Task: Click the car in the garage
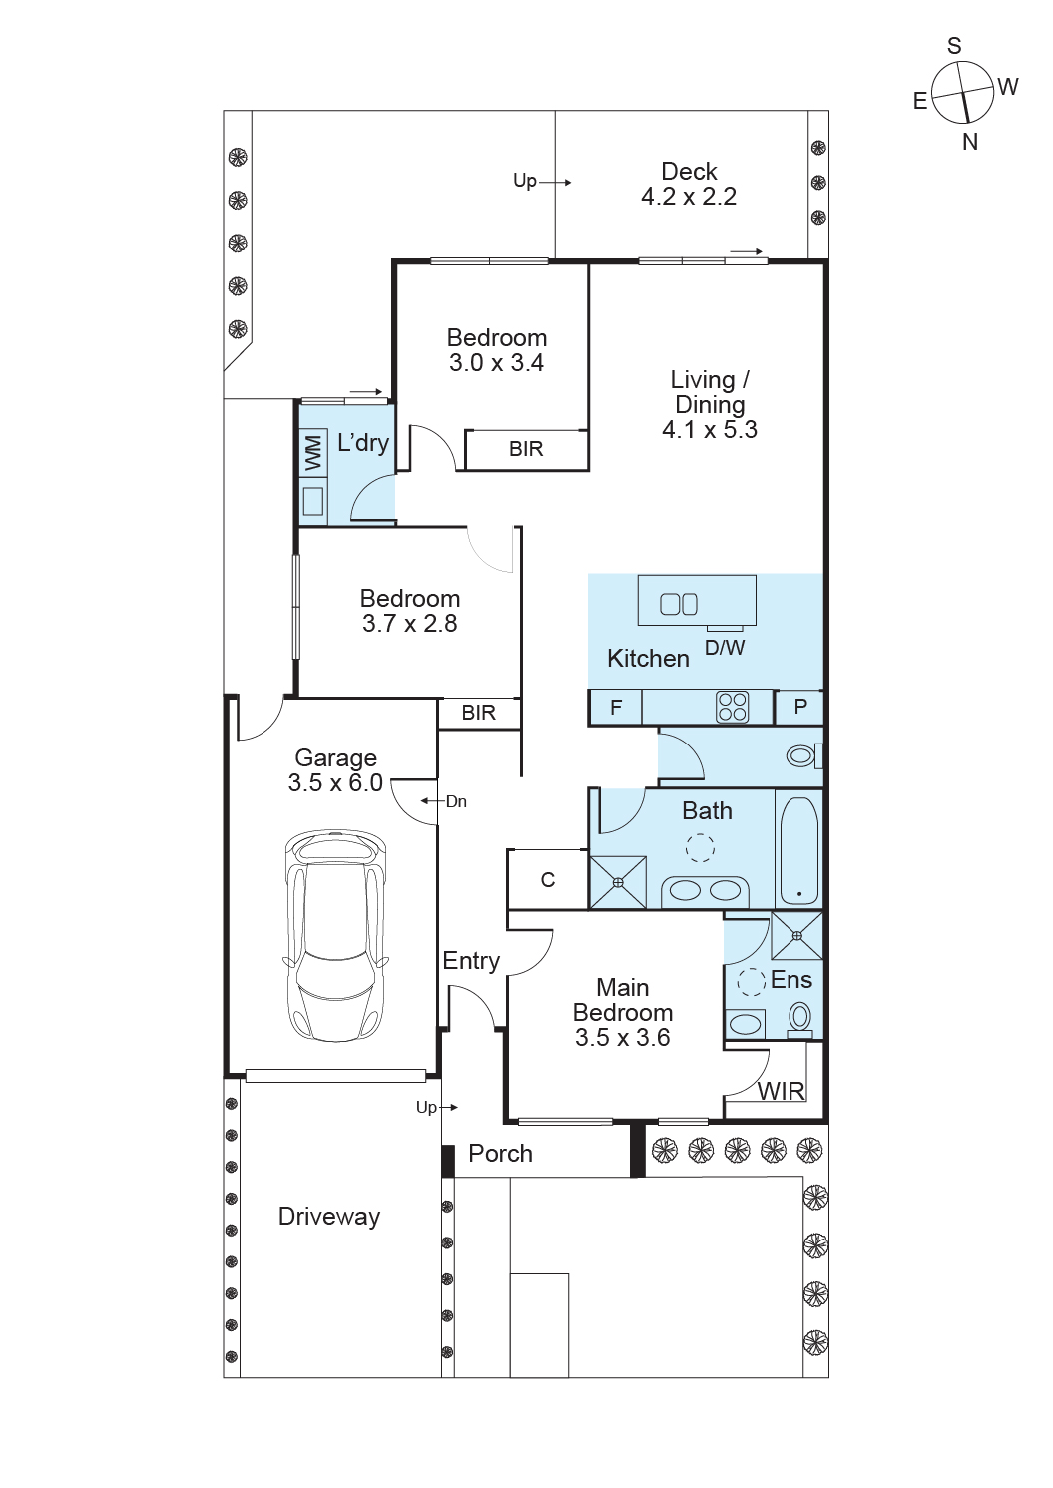[335, 936]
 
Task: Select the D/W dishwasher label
[725, 647]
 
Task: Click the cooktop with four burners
[733, 707]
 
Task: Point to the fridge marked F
[616, 707]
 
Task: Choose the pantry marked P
[799, 707]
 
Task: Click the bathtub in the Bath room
[799, 851]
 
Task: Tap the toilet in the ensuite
[800, 1018]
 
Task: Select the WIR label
[781, 1091]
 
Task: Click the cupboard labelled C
[547, 879]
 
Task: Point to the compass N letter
[970, 142]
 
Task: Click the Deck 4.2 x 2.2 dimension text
[689, 196]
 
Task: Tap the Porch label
[500, 1154]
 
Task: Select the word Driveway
[329, 1217]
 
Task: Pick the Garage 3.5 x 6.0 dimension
[335, 782]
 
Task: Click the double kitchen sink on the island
[679, 603]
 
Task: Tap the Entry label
[471, 960]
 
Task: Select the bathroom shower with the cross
[618, 882]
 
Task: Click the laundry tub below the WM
[313, 501]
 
